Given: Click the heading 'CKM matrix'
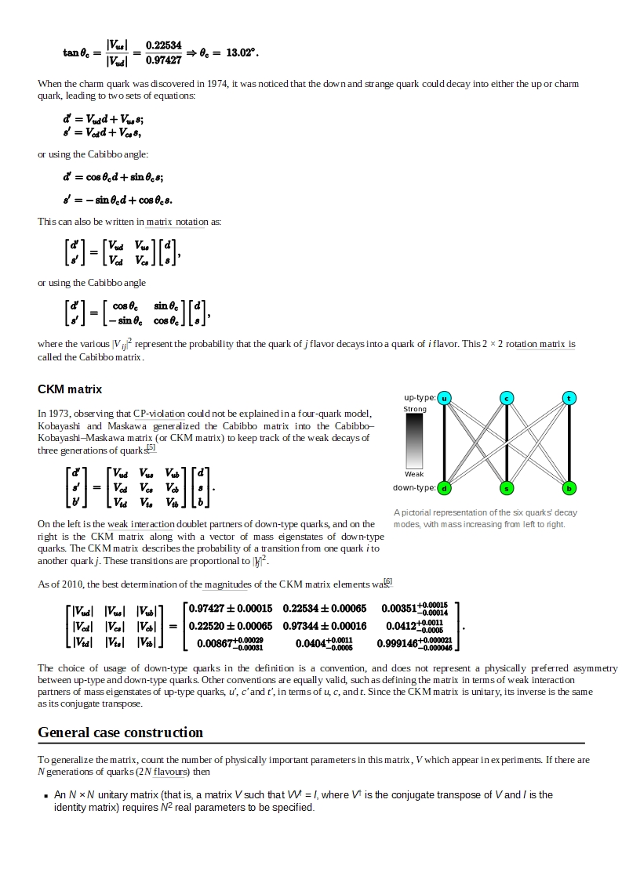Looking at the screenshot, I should tap(70, 389).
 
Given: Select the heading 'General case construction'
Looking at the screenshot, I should tap(120, 732).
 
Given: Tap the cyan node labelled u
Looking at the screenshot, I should tap(444, 398).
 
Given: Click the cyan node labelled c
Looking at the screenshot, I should tap(507, 398).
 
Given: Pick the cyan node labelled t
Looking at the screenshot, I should tap(569, 398).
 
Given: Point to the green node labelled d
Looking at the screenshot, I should tap(444, 488).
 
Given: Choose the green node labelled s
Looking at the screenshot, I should tap(507, 488).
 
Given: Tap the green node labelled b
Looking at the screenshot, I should tap(569, 488).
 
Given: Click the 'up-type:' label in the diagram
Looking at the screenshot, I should tap(420, 398).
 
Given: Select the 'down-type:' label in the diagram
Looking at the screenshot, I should tap(414, 488).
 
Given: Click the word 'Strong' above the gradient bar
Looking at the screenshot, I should tap(415, 409).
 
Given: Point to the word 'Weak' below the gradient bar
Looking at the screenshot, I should tap(414, 474).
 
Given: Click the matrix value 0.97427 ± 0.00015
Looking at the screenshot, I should tap(231, 609).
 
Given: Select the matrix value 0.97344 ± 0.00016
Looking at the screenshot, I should tap(325, 626).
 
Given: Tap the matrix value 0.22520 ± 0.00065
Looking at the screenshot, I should tap(231, 626).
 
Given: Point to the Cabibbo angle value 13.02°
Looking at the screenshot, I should tap(242, 52).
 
